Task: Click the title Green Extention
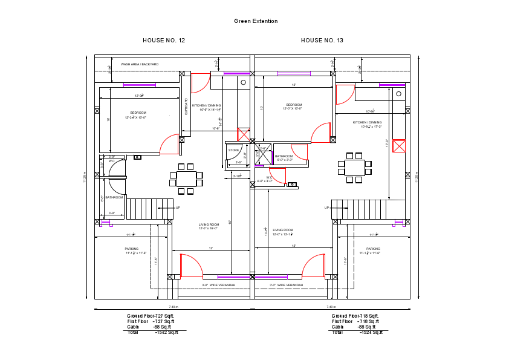click(x=256, y=21)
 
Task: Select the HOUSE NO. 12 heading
click(x=164, y=41)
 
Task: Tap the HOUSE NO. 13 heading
click(x=322, y=41)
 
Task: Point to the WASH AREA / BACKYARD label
click(x=140, y=64)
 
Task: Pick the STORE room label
click(x=234, y=149)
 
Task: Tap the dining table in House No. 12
click(x=186, y=179)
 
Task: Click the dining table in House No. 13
click(x=355, y=168)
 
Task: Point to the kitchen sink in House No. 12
click(x=244, y=82)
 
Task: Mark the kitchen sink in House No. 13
click(x=398, y=94)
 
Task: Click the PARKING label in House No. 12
click(x=132, y=249)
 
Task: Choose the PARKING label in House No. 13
click(x=373, y=249)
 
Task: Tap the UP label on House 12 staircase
click(x=178, y=208)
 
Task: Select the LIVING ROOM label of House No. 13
click(x=283, y=230)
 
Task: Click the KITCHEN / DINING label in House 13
click(x=367, y=122)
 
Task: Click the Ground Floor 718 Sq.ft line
click(x=355, y=316)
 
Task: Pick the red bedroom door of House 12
click(x=168, y=145)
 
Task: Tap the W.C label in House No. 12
click(x=112, y=162)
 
